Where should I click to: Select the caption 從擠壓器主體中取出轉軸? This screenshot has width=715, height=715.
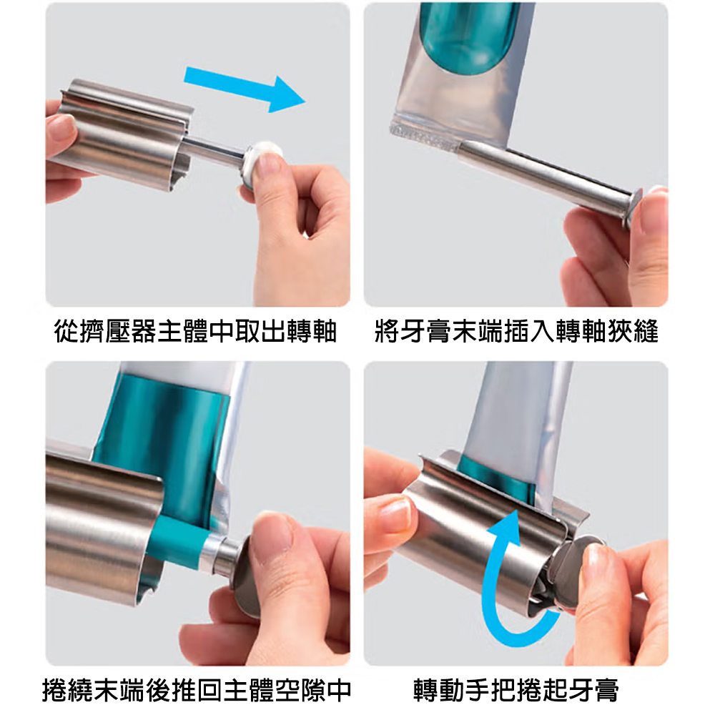[195, 331]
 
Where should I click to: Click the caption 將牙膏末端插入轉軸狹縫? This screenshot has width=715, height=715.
[516, 331]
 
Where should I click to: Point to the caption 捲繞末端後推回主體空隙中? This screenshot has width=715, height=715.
[197, 690]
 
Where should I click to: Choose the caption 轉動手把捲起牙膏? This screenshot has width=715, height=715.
[516, 690]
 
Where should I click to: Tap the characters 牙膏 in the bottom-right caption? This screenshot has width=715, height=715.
[593, 690]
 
